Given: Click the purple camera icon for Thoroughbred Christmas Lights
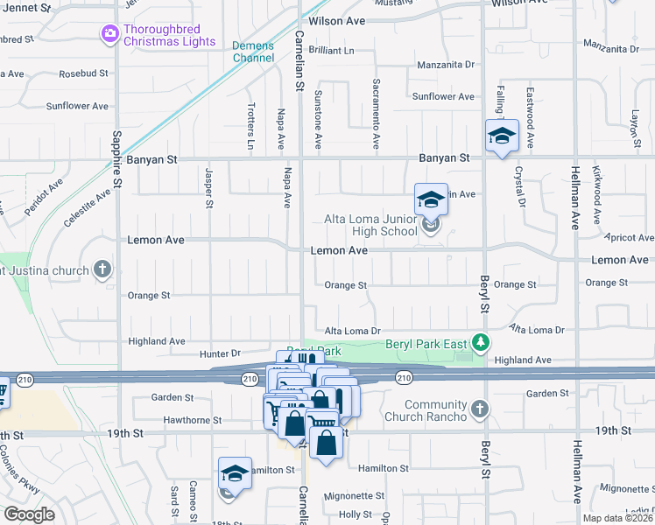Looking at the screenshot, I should (110, 34).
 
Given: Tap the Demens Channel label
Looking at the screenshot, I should (253, 52).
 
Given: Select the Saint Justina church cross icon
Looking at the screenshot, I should (103, 269).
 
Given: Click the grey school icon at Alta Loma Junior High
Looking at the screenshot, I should (430, 227).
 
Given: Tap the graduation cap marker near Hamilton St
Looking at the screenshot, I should (235, 473).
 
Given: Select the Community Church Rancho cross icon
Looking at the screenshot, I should (479, 409).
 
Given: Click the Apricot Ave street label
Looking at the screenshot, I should (630, 237).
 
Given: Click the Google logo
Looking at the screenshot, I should (29, 514).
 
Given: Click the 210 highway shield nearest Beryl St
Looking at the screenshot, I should (402, 377).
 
